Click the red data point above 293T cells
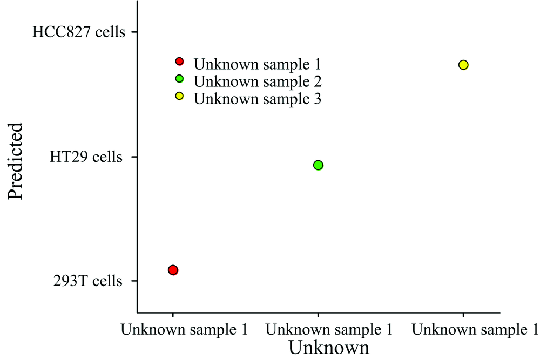(x=173, y=270)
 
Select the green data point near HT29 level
(x=318, y=165)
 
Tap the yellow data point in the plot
(x=463, y=65)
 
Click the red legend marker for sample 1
(x=180, y=62)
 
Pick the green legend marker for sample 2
(x=180, y=79)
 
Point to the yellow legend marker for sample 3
(x=180, y=96)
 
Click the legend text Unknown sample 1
(x=258, y=65)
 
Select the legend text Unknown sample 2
(x=258, y=81)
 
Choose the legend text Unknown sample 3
(x=258, y=99)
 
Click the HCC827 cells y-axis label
(x=79, y=32)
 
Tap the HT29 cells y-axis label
(x=86, y=157)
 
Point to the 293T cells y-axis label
(x=87, y=281)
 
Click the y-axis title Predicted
(x=16, y=161)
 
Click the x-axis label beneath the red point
(x=185, y=329)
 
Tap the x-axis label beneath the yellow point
(x=475, y=329)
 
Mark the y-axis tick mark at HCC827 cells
(x=134, y=32)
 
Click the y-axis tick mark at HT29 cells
(x=134, y=157)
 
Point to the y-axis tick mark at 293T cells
(x=134, y=281)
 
